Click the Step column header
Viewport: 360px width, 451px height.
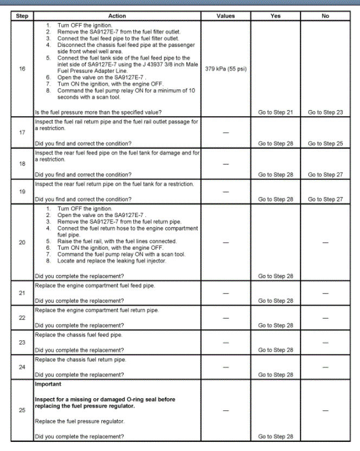tap(22, 16)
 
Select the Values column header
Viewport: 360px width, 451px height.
tap(226, 16)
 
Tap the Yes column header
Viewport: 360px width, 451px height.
tap(275, 16)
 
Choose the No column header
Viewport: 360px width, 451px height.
tap(325, 16)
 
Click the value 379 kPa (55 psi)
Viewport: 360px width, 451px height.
tap(226, 69)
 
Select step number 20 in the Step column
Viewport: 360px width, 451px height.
tap(22, 242)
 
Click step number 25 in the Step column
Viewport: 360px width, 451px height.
tap(22, 410)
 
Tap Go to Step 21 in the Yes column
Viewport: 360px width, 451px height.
tap(275, 112)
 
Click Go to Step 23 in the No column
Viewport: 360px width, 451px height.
tap(325, 112)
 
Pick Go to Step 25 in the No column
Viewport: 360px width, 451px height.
tap(325, 144)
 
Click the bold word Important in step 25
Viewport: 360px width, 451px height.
tap(48, 384)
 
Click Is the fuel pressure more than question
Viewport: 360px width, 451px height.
tap(98, 112)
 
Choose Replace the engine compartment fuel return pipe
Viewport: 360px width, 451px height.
tap(97, 310)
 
